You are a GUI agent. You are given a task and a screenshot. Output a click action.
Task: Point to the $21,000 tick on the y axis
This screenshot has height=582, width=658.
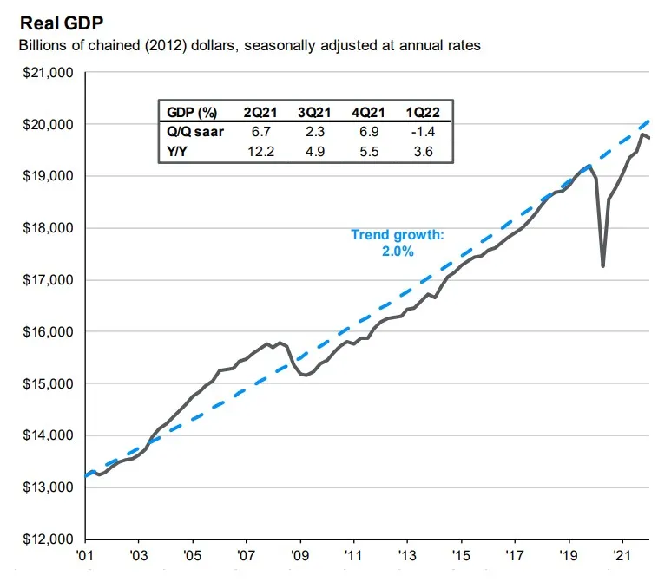pyautogui.click(x=47, y=73)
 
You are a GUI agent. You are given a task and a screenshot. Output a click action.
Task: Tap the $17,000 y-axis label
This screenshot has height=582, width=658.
pyautogui.click(x=47, y=280)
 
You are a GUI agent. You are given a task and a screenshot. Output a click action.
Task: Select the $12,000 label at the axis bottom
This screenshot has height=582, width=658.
pyautogui.click(x=47, y=539)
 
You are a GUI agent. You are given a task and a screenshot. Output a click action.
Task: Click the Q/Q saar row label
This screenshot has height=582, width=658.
pyautogui.click(x=190, y=131)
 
